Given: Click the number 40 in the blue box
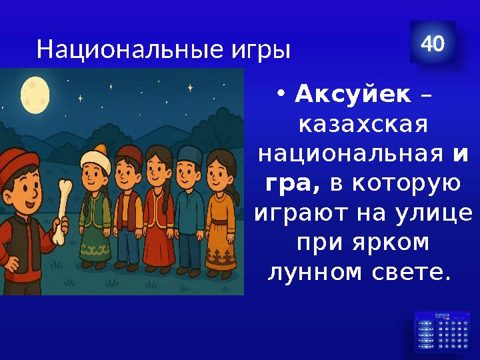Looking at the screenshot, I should coord(433,44).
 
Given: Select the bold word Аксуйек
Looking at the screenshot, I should coord(353,95).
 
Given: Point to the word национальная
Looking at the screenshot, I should coord(351,155).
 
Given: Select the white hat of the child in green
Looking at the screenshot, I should coord(95,157).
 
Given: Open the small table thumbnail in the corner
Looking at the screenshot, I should coord(442,331).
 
